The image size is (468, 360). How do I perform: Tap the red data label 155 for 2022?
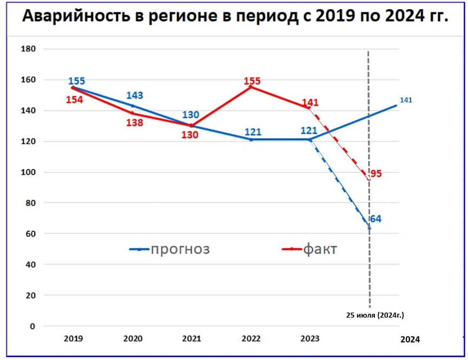tap(252, 81)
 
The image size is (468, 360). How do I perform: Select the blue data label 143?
tap(134, 96)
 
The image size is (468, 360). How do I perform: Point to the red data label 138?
tap(134, 122)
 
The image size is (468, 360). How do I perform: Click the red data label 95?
tap(376, 174)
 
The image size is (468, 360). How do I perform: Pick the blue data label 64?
tap(375, 219)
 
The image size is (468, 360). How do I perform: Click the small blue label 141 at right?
tap(406, 100)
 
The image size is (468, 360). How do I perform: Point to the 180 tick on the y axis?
tap(28, 49)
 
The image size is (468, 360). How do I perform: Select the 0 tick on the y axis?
tap(32, 326)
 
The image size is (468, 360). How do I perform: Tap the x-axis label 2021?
tap(192, 339)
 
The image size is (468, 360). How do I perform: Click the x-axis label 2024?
tap(410, 339)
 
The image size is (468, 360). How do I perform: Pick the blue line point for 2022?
tap(251, 140)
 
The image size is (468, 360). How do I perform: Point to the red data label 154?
tap(75, 100)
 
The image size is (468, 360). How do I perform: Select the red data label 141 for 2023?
tap(311, 103)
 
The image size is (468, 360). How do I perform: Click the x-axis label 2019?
tap(73, 339)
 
